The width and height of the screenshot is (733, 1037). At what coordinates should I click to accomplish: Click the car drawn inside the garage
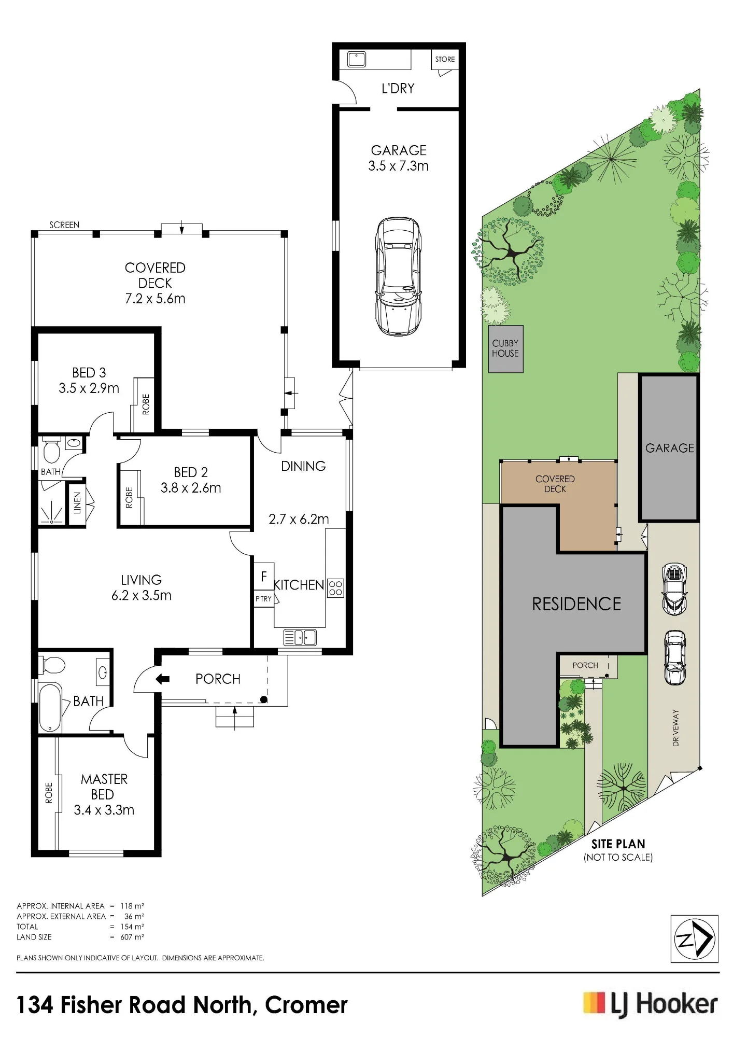(398, 276)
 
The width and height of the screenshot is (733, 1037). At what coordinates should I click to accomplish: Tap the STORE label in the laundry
(445, 59)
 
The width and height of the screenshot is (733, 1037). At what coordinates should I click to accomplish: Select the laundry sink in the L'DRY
(357, 59)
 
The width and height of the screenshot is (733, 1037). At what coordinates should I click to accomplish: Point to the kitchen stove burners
(335, 588)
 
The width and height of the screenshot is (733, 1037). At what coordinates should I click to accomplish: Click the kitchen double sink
(300, 637)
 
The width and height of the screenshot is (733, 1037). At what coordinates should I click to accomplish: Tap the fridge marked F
(264, 576)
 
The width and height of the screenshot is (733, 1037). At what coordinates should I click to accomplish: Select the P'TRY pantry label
(263, 599)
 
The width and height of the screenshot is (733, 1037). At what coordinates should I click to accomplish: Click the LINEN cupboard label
(77, 502)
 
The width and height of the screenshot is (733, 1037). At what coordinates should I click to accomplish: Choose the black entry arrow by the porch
(163, 679)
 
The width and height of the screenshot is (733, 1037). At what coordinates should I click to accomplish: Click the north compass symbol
(694, 939)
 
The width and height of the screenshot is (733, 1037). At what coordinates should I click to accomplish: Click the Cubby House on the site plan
(505, 348)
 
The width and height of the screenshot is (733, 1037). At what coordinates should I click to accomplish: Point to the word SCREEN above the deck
(64, 225)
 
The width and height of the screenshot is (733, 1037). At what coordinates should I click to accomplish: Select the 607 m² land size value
(132, 937)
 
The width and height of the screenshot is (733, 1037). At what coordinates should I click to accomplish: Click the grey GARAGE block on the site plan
(669, 447)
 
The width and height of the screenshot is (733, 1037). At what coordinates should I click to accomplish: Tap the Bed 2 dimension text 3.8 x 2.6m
(191, 488)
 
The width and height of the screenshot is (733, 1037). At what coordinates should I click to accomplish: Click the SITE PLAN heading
(618, 844)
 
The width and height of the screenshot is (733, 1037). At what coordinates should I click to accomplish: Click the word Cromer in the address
(306, 1005)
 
